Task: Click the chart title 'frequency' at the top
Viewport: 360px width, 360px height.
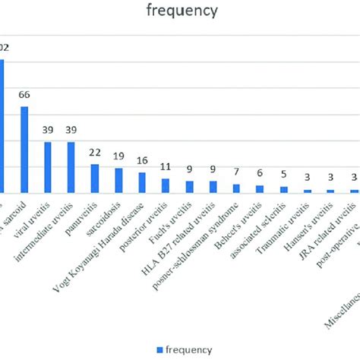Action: (x=180, y=11)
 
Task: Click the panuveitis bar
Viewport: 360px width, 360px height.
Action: (x=95, y=178)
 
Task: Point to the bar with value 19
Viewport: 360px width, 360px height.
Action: (x=118, y=180)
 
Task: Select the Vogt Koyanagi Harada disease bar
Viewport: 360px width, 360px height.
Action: (x=142, y=182)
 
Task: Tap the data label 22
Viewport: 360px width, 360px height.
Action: (x=95, y=153)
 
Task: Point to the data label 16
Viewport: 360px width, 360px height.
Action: (x=142, y=161)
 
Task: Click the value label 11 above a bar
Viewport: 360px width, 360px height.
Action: (x=166, y=167)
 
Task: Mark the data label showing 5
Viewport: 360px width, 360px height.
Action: (x=283, y=175)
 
